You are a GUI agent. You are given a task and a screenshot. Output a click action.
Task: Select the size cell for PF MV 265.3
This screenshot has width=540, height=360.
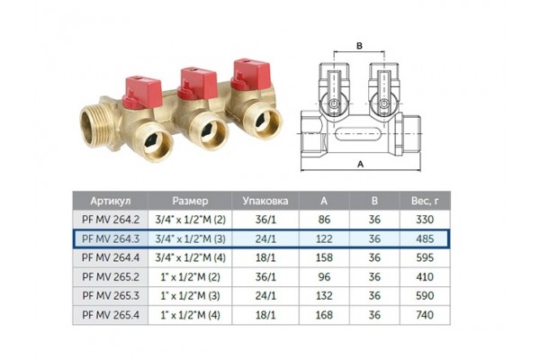[192, 295]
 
